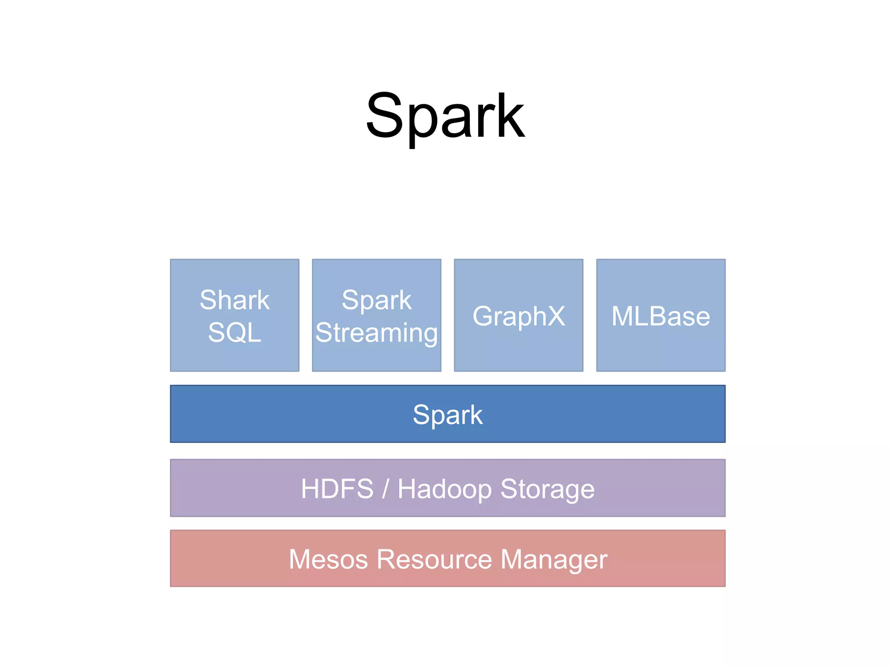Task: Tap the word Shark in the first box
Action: coord(235,300)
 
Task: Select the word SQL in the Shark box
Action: coord(235,333)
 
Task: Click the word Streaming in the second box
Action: coord(376,333)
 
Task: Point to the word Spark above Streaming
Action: coord(376,300)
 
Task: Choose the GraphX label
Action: coord(518,316)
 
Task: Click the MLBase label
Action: coord(661,316)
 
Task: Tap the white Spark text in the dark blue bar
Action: coord(448,415)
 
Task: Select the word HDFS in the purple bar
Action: coord(337,489)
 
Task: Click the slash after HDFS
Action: coord(385,489)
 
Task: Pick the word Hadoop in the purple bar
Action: coord(445,489)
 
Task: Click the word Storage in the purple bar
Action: coord(547,489)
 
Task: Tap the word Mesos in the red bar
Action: coord(329,559)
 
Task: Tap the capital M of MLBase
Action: coord(621,316)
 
